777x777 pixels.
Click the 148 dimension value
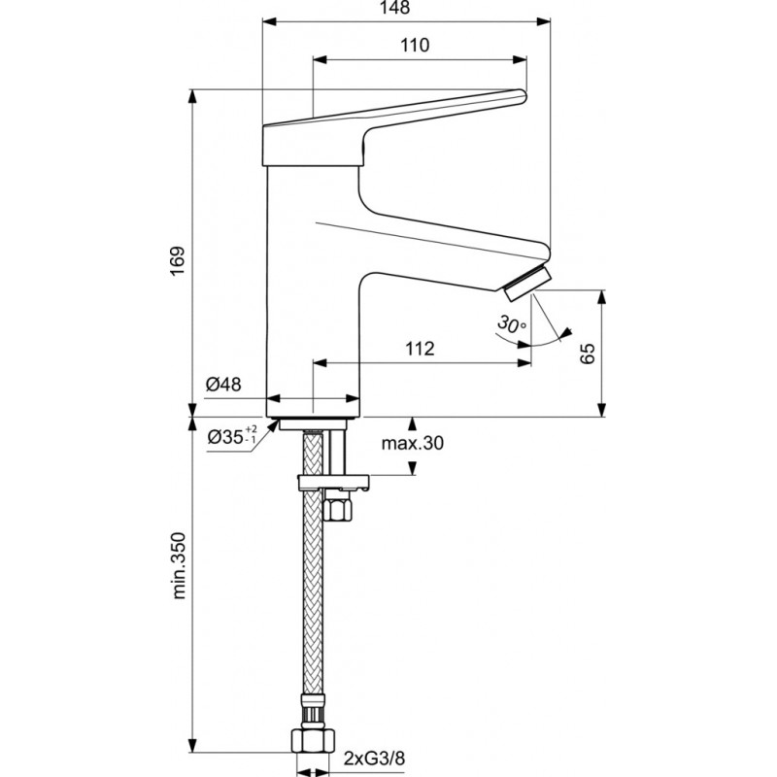[x=396, y=8]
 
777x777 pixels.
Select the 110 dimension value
[x=415, y=46]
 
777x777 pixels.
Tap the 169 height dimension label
[x=177, y=260]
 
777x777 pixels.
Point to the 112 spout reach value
[x=420, y=349]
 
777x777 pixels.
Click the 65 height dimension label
[x=588, y=354]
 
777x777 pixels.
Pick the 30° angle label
[x=512, y=324]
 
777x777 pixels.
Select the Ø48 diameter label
[x=223, y=384]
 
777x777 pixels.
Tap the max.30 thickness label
[x=412, y=443]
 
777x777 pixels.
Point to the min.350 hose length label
[x=179, y=566]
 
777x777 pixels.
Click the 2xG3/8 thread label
[x=374, y=759]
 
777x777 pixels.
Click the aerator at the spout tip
[x=526, y=283]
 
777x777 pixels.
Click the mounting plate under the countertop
[x=333, y=482]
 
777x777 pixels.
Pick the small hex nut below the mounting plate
[x=337, y=509]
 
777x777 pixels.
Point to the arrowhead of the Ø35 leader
[x=273, y=427]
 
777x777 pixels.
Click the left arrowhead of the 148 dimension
[x=268, y=20]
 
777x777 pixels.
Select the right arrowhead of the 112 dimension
[x=524, y=362]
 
